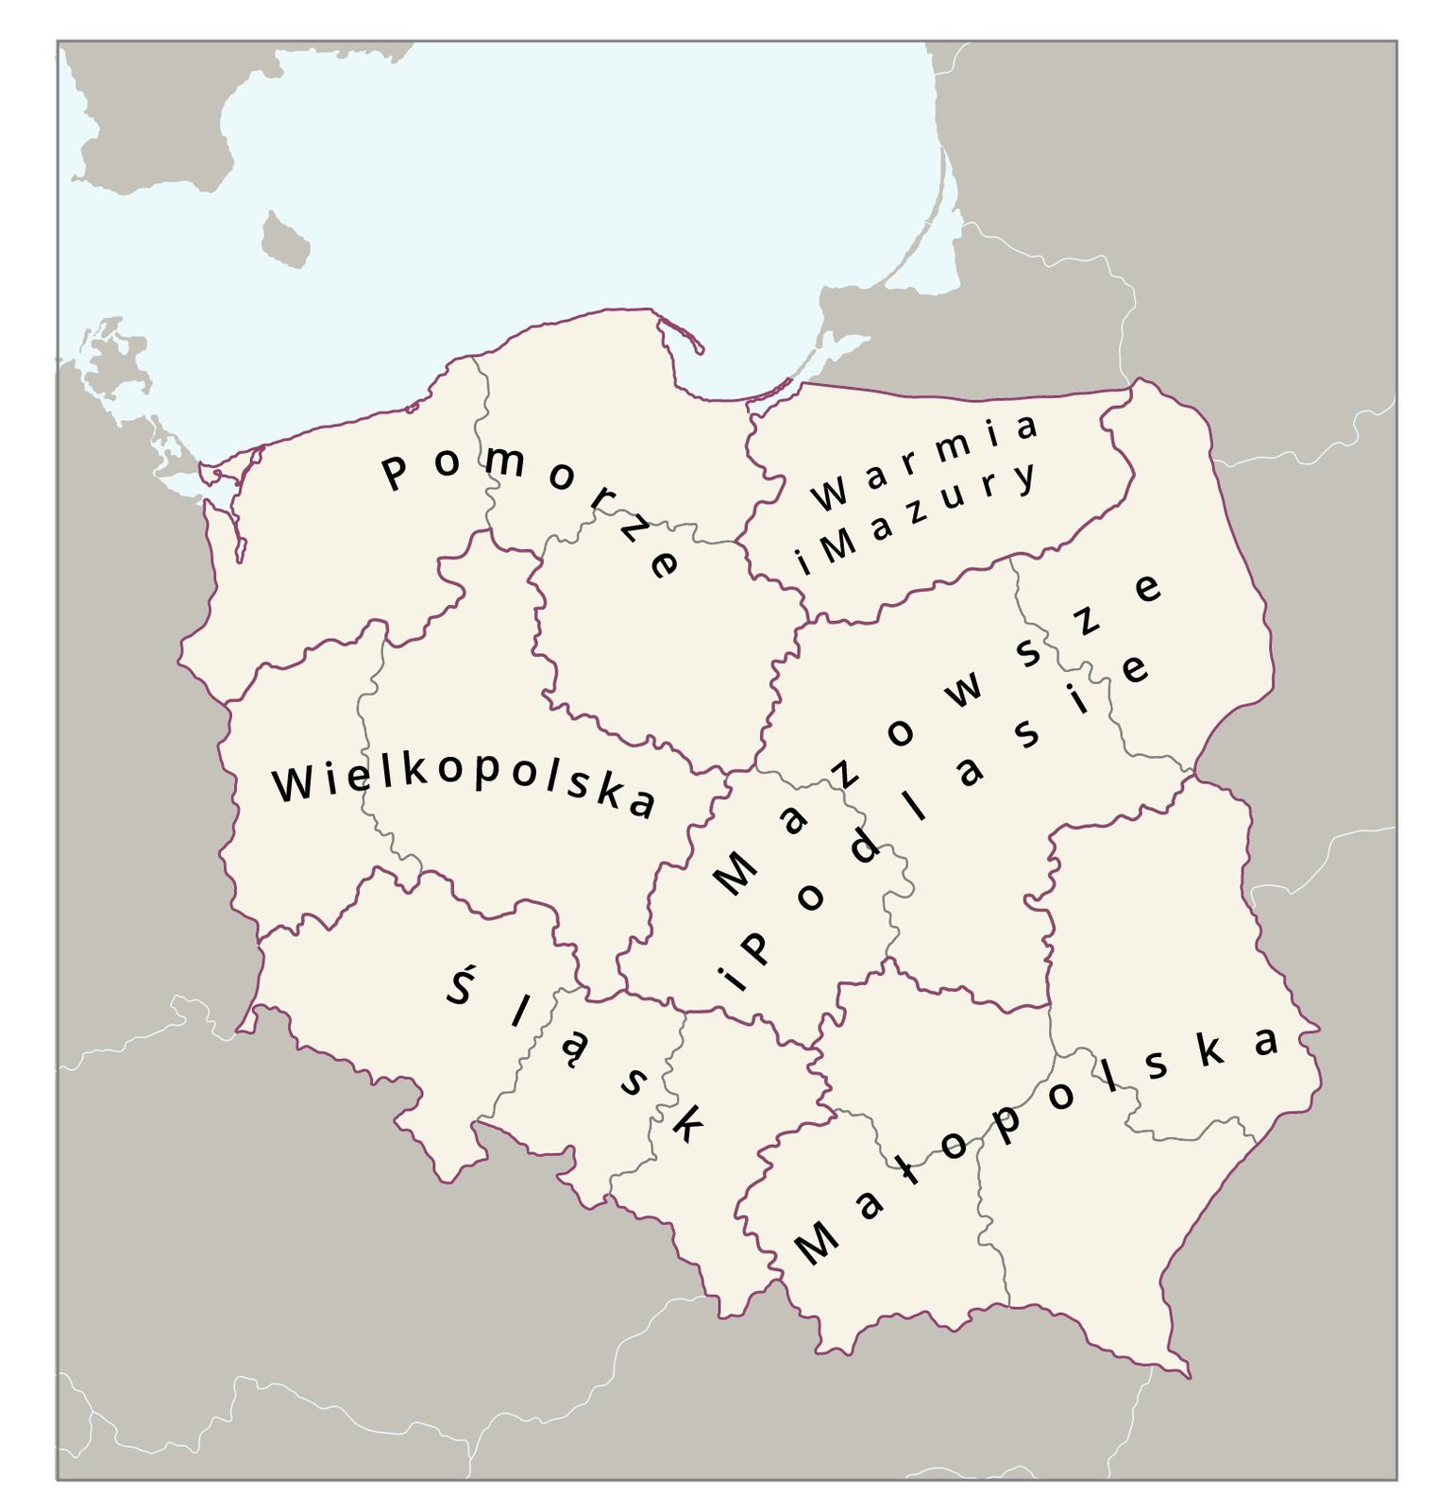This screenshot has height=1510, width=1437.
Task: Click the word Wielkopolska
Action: (x=463, y=785)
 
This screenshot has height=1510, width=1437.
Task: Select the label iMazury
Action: (x=916, y=520)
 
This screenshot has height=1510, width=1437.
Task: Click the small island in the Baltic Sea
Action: (x=285, y=240)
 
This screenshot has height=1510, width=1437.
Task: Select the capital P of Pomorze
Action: (x=394, y=472)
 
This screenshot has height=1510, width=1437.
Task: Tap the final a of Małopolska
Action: (x=1266, y=1041)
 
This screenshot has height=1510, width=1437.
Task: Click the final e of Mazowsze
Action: (x=1147, y=589)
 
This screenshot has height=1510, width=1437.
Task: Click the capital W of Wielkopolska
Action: (x=293, y=783)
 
